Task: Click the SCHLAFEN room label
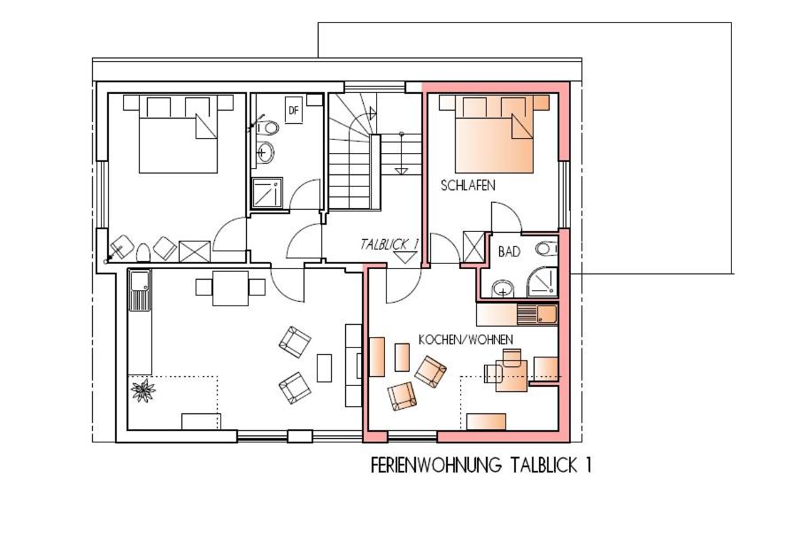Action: click(x=468, y=186)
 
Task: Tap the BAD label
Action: click(x=509, y=252)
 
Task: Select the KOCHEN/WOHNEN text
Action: click(x=466, y=340)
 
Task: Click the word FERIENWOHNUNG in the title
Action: click(x=436, y=466)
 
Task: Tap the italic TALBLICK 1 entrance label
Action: click(x=389, y=244)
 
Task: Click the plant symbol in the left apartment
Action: click(x=142, y=390)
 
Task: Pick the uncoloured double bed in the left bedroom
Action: click(x=178, y=134)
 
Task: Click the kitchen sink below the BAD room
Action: click(x=537, y=314)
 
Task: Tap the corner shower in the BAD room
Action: click(x=543, y=281)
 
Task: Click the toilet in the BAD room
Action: click(x=546, y=249)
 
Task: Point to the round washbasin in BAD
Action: click(x=503, y=289)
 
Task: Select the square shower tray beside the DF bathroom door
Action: click(x=267, y=193)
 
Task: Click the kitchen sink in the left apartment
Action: click(x=140, y=290)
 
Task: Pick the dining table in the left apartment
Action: click(x=230, y=288)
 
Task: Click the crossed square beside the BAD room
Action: click(x=474, y=247)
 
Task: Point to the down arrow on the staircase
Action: click(x=401, y=154)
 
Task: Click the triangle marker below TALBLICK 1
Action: click(x=405, y=258)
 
